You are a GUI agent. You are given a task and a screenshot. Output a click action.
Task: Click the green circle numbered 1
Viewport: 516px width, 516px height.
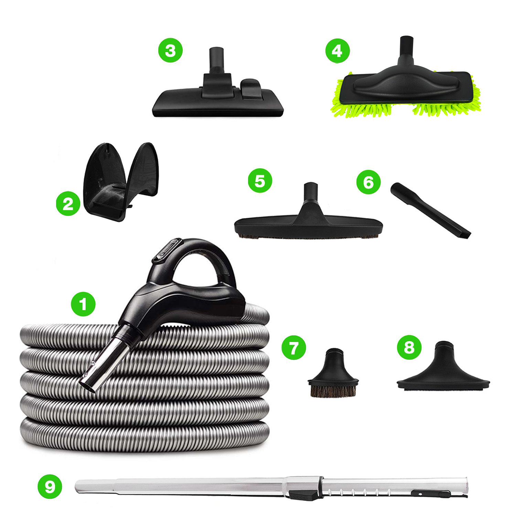tap(83, 304)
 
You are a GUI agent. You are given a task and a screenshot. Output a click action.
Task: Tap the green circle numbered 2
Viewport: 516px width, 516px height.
tap(68, 204)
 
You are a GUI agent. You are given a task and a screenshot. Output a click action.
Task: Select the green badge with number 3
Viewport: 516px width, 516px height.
tap(170, 50)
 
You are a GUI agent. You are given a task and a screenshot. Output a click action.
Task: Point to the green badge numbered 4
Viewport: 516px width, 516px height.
tap(337, 51)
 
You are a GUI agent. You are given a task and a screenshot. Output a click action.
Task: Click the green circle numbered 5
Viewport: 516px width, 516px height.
tap(260, 181)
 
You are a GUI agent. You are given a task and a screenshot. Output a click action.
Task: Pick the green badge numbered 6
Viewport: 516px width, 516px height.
tap(368, 182)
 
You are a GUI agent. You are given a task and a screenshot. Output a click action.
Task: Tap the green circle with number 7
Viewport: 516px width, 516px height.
tap(294, 347)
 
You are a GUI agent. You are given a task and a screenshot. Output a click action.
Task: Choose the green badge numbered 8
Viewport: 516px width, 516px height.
tap(409, 347)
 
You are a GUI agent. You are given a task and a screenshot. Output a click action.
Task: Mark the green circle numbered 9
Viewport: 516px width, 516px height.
tap(50, 486)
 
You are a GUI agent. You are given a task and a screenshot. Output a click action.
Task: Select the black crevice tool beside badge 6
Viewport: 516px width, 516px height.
tap(430, 210)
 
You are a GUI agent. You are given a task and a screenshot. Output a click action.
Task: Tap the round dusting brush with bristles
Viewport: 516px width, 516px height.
tap(333, 375)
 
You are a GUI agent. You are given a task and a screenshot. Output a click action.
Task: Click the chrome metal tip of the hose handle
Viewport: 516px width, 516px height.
tap(103, 365)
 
